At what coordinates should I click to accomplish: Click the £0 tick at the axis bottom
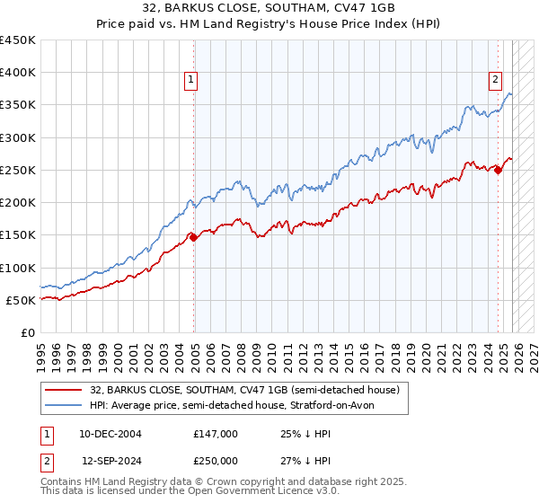point(28,332)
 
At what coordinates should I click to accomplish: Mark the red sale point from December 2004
point(193,237)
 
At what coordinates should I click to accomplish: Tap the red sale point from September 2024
point(498,171)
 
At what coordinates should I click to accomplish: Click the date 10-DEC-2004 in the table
point(110,433)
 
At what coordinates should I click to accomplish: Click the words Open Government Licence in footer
point(250,493)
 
